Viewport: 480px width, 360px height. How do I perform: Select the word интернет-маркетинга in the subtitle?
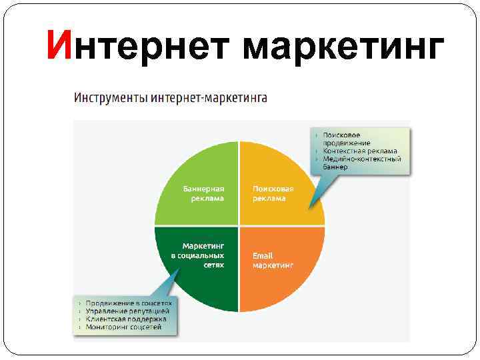210,98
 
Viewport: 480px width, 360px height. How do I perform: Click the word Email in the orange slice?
263,256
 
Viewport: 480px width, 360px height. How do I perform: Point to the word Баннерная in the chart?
203,189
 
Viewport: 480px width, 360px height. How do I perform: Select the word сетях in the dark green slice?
213,265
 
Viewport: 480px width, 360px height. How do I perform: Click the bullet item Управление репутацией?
127,311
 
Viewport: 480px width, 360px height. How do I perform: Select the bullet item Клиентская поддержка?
127,319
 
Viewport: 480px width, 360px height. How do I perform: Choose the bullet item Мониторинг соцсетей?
123,327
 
